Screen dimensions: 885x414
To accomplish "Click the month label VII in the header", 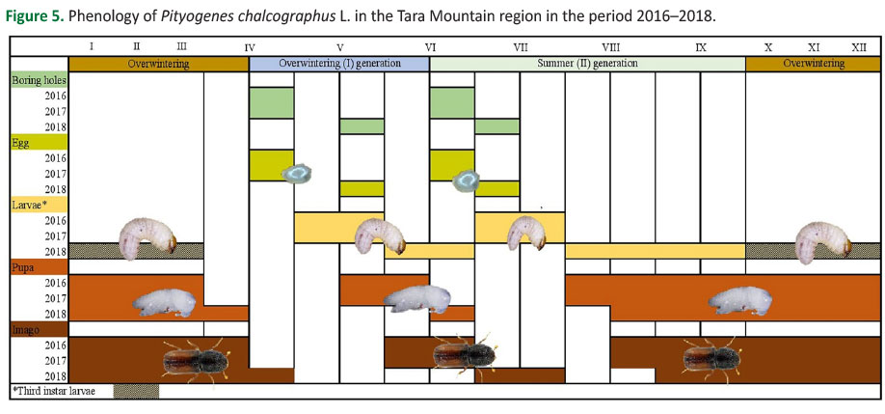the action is pos(520,47).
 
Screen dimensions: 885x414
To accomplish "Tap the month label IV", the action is pos(250,47).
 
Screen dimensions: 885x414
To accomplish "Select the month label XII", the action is pos(858,47).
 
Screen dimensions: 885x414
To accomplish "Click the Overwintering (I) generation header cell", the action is pos(339,64).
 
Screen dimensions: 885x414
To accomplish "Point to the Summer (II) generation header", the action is pos(587,64).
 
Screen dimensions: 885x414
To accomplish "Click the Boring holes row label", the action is pos(40,80).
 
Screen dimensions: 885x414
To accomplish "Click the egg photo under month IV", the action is pos(297,174).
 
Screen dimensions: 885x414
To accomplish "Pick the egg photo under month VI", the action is pos(467,180).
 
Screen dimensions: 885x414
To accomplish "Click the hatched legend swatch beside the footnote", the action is pos(136,391).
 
